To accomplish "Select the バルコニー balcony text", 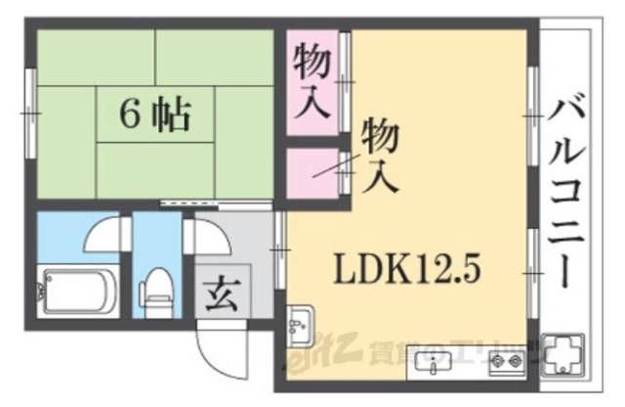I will (563, 192).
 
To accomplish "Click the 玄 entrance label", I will (220, 292).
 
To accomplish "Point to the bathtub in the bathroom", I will (75, 292).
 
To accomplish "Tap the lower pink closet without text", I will (311, 174).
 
